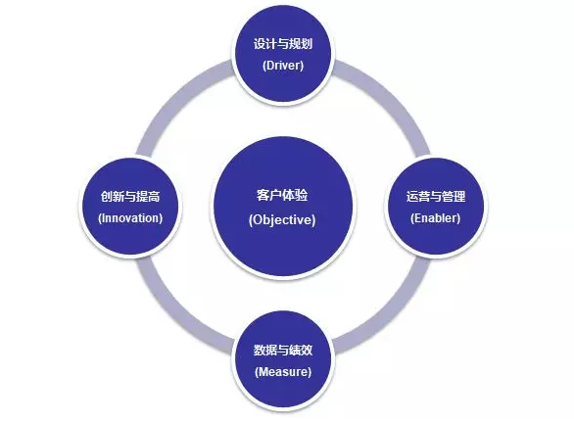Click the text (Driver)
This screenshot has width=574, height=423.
point(283,66)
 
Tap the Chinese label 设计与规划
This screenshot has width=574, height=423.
point(283,44)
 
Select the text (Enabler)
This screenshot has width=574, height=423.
point(435,218)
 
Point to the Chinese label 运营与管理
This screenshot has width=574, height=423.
point(436,197)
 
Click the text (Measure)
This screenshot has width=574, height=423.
point(283,372)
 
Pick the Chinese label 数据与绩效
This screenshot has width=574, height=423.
point(283,351)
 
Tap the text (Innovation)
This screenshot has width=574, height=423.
point(130,218)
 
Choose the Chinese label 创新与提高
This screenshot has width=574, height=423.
point(130,197)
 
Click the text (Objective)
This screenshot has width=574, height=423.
point(282,220)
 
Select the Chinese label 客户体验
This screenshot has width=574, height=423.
point(282,195)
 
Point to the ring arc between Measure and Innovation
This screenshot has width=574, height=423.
point(174,315)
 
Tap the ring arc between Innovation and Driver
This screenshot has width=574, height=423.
point(174,97)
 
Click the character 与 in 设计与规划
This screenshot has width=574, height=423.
point(283,44)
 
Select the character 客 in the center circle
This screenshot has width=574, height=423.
point(263,195)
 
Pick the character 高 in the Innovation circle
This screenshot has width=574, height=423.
point(154,197)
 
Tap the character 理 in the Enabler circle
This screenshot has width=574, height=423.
point(459,197)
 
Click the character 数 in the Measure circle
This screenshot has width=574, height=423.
point(260,351)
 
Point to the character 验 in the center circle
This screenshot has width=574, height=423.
point(302,195)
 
